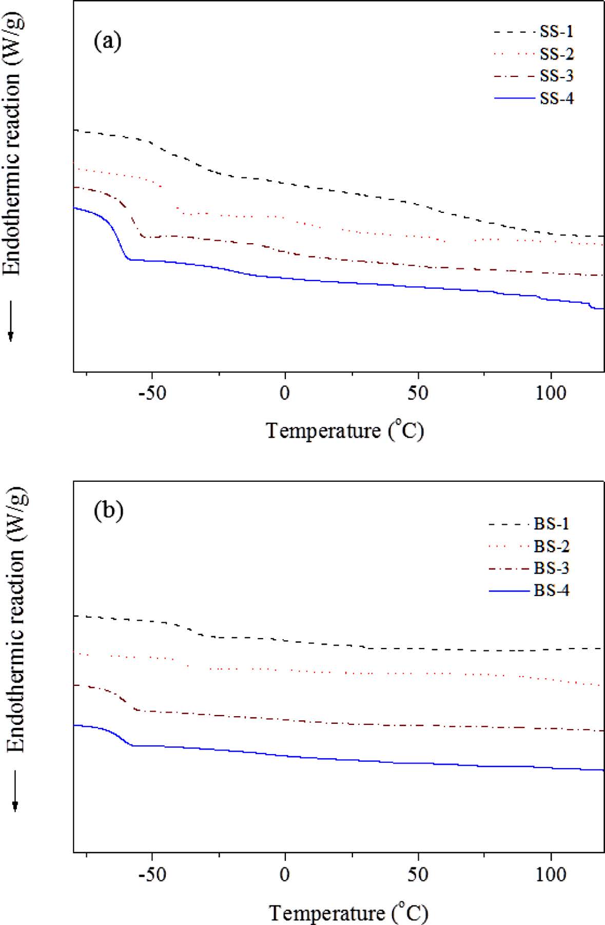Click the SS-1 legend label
point(557,32)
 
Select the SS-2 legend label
point(557,54)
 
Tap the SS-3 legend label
point(557,76)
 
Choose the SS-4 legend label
point(557,98)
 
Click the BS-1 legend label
point(552,524)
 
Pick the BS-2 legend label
point(552,546)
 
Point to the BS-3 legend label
point(552,568)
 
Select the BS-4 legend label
point(552,591)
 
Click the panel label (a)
point(108,41)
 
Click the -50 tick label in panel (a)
point(152,394)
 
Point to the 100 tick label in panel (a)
point(551,394)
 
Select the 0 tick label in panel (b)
point(285,875)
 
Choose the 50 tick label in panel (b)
point(418,875)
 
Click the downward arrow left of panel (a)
point(10,321)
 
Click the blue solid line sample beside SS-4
point(514,98)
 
